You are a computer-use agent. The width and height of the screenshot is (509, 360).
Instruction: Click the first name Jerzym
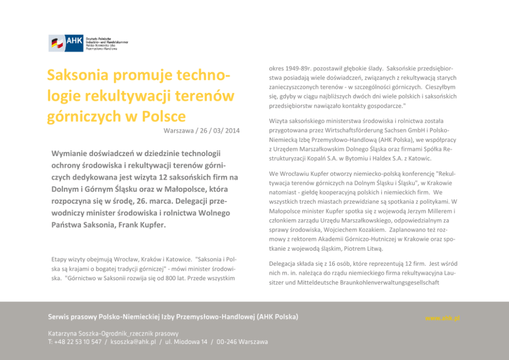click(x=420, y=211)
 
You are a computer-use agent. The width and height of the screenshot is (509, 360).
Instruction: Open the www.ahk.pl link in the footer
click(x=442, y=318)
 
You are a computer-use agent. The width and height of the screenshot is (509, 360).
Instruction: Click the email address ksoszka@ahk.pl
click(x=133, y=342)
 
